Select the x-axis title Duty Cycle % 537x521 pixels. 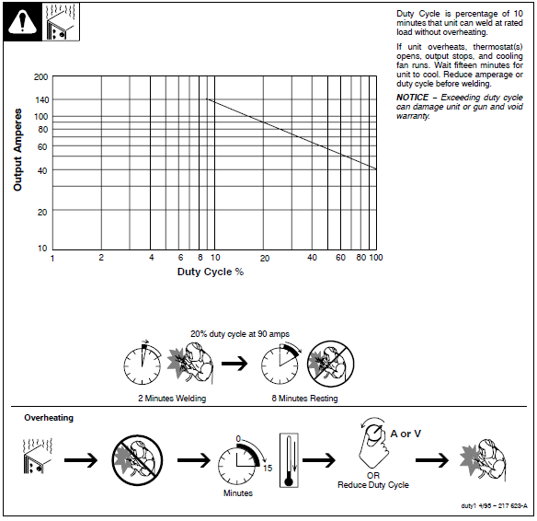point(211,272)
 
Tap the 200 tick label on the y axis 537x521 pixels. point(41,77)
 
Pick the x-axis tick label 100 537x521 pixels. point(375,258)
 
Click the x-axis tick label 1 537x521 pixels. point(52,258)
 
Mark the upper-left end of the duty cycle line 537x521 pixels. point(208,99)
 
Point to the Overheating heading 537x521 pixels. point(49,418)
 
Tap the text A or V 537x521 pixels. point(406,433)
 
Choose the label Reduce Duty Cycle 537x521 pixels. point(373,485)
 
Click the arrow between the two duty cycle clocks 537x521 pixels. point(235,363)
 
